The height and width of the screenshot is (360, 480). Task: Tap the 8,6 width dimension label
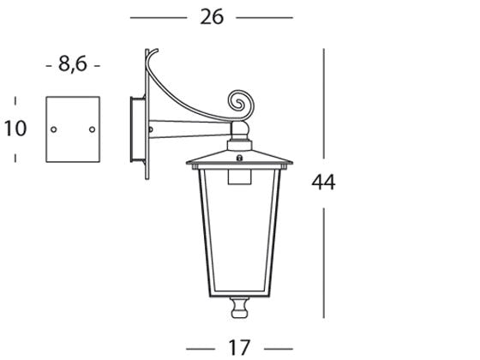click(73, 63)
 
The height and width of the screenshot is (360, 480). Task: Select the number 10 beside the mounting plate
click(15, 129)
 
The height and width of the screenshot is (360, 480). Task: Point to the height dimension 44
click(324, 182)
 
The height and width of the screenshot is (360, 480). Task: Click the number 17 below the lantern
click(239, 346)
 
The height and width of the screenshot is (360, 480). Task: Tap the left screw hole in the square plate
click(54, 130)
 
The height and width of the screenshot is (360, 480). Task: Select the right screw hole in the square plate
click(92, 130)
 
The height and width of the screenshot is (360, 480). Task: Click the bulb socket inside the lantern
click(239, 177)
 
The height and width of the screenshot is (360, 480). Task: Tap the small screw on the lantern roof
click(240, 157)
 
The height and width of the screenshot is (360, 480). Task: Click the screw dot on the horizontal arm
click(152, 130)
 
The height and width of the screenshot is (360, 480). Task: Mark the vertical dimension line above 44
click(324, 107)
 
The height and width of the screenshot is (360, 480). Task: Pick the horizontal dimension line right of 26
click(264, 17)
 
